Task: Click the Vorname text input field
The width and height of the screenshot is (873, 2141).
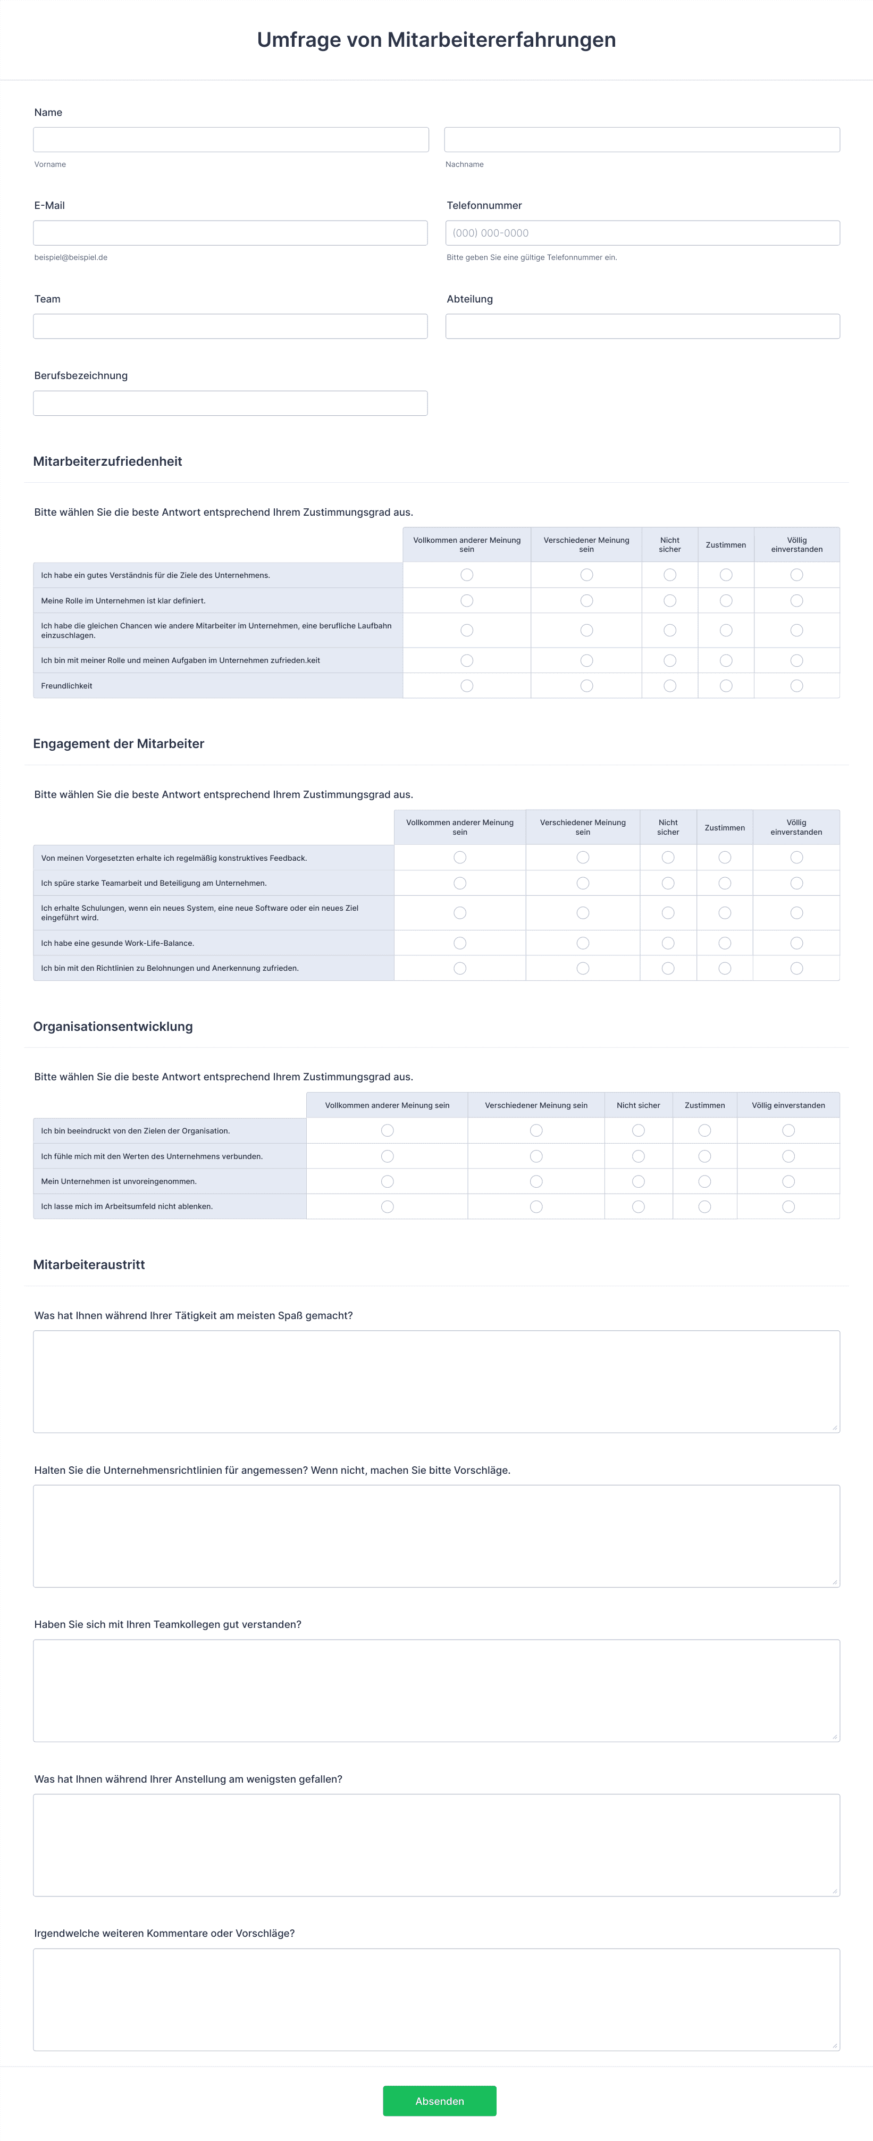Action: tap(230, 140)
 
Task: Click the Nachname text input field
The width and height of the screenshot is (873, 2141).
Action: tap(642, 140)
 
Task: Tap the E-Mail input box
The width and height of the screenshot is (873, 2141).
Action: tap(230, 233)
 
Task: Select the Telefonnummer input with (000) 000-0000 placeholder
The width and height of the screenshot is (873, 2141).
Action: tap(642, 233)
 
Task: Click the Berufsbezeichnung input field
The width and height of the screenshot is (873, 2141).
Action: tap(230, 403)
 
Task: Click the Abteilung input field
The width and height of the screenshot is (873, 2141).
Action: tap(642, 326)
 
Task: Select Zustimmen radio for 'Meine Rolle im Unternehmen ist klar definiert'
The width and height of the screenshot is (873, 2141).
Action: tap(726, 601)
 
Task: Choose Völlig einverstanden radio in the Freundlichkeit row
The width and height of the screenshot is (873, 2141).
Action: tap(796, 686)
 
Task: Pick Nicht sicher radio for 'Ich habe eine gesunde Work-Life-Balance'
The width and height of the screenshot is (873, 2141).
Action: tap(668, 943)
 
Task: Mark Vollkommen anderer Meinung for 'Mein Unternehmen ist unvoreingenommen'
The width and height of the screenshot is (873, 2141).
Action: tap(388, 1181)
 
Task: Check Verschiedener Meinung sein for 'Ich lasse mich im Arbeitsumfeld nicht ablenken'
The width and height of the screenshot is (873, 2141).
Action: tap(536, 1207)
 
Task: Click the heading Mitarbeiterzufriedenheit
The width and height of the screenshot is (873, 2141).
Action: tap(107, 461)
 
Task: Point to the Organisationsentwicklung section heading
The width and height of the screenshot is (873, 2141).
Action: tap(113, 1027)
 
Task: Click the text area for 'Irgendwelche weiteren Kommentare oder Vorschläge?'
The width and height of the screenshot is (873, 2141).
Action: tap(436, 1999)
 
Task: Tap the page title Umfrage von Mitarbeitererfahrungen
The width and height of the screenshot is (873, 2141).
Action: tap(436, 40)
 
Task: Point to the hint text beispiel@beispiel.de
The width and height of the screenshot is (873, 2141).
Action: tap(71, 258)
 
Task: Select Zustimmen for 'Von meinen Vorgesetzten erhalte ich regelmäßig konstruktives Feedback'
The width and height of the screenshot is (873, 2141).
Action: tap(725, 858)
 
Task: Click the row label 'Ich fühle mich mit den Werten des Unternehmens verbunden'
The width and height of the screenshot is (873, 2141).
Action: tap(152, 1156)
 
